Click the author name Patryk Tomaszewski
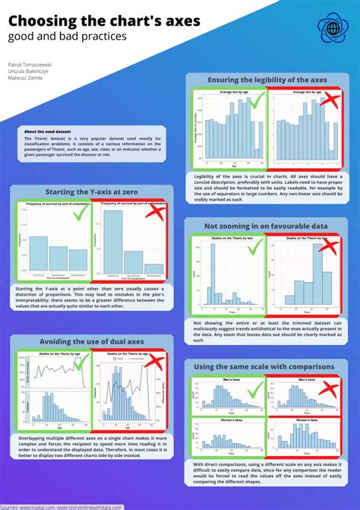point(30,65)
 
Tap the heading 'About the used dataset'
point(49,131)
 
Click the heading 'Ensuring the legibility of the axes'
point(271,80)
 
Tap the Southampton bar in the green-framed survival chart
point(77,261)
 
